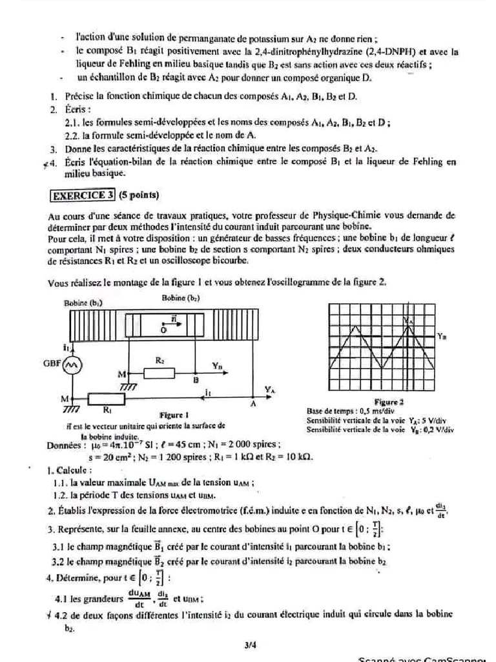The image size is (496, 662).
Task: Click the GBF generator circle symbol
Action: pyautogui.click(x=70, y=365)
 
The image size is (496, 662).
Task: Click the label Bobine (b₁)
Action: pyautogui.click(x=83, y=303)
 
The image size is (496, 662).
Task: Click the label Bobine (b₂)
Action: pyautogui.click(x=180, y=298)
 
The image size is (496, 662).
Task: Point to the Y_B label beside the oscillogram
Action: pyautogui.click(x=441, y=336)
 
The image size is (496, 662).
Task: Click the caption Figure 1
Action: pyautogui.click(x=173, y=414)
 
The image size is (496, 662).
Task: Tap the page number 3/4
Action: pyautogui.click(x=251, y=644)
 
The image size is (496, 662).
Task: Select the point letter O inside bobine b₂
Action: pyautogui.click(x=163, y=329)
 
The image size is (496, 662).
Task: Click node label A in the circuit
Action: pyautogui.click(x=254, y=404)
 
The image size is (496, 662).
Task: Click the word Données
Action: pyautogui.click(x=65, y=445)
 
